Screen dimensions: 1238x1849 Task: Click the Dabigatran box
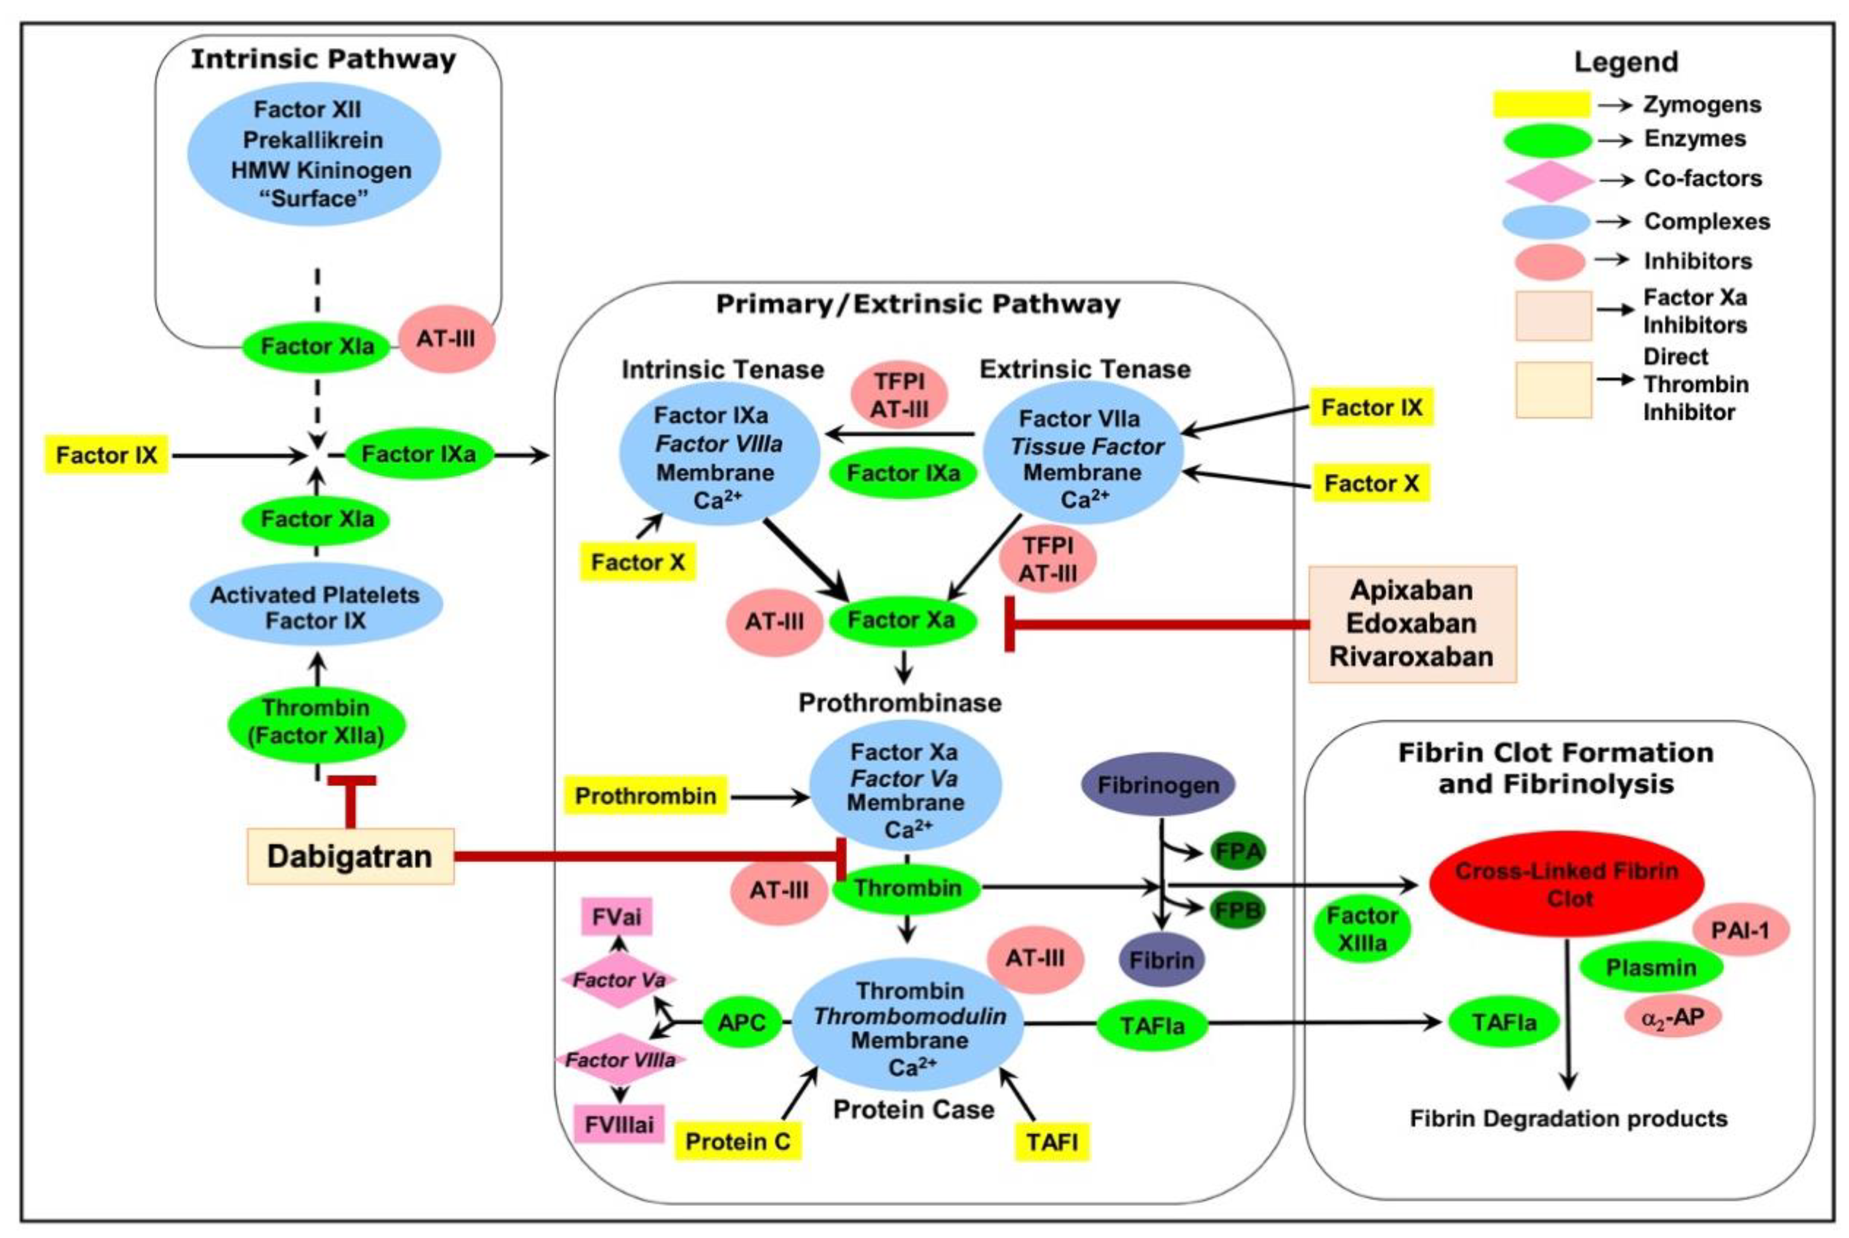pyautogui.click(x=350, y=856)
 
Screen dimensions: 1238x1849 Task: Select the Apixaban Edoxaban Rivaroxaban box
pyautogui.click(x=1411, y=624)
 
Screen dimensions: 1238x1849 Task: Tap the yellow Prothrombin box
pyautogui.click(x=645, y=796)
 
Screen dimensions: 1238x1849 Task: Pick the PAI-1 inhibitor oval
pyautogui.click(x=1740, y=930)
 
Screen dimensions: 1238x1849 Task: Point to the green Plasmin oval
pyautogui.click(x=1651, y=967)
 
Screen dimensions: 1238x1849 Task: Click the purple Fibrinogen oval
pyautogui.click(x=1157, y=785)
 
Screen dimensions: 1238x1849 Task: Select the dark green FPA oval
pyautogui.click(x=1238, y=851)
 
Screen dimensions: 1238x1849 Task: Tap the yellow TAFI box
pyautogui.click(x=1052, y=1142)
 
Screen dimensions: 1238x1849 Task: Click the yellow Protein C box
pyautogui.click(x=738, y=1142)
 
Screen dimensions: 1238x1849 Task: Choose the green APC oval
pyautogui.click(x=742, y=1022)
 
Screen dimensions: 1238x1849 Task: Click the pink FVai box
pyautogui.click(x=617, y=917)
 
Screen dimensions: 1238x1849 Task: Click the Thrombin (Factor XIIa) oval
pyautogui.click(x=317, y=721)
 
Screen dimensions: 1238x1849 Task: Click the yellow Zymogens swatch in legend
pyautogui.click(x=1540, y=104)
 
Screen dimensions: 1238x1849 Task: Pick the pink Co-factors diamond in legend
pyautogui.click(x=1548, y=180)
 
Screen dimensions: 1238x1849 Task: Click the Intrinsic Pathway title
pyautogui.click(x=323, y=59)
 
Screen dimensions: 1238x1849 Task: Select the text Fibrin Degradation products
pyautogui.click(x=1568, y=1119)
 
